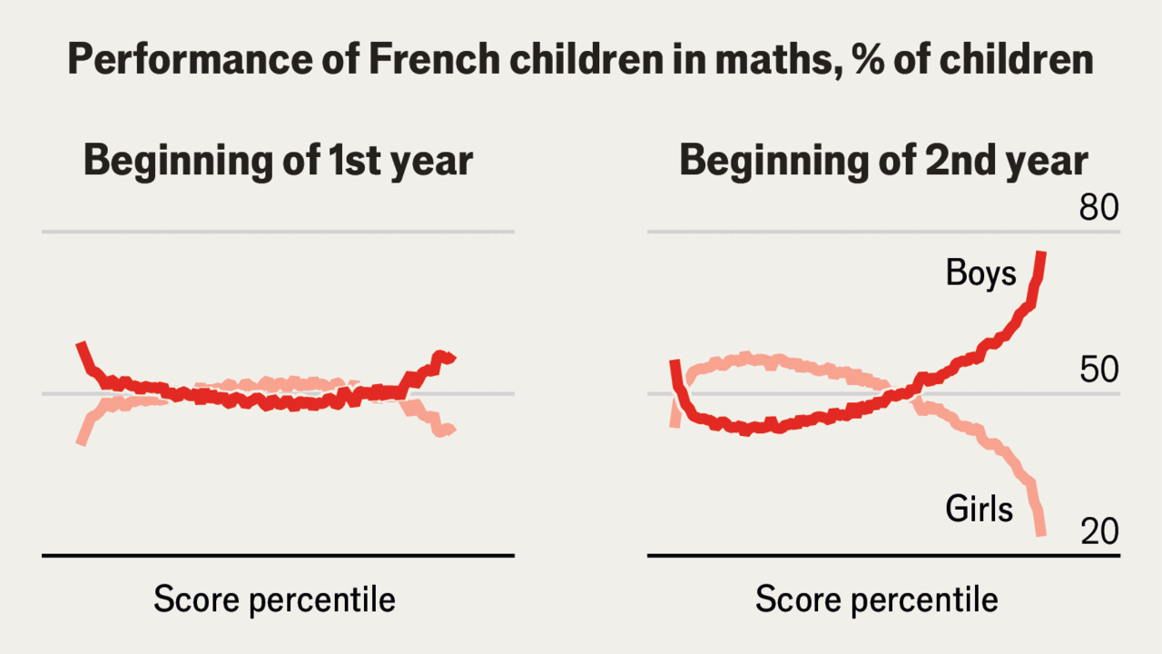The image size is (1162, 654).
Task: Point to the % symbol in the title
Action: [x=862, y=61]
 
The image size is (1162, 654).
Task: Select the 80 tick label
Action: [x=1099, y=209]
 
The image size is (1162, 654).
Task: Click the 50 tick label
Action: [x=1099, y=371]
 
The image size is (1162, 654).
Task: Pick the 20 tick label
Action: [x=1099, y=532]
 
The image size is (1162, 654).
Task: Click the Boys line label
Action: [x=981, y=272]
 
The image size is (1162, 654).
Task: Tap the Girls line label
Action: [x=979, y=509]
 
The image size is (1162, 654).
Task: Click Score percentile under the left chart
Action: [x=274, y=600]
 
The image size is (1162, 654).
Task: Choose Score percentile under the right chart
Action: [x=876, y=600]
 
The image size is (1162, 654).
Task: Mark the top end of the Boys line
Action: [x=1042, y=253]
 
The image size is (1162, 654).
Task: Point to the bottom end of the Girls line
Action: [x=1041, y=534]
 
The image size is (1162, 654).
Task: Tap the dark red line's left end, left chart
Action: [x=80, y=345]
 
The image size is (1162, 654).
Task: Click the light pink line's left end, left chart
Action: [x=81, y=441]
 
